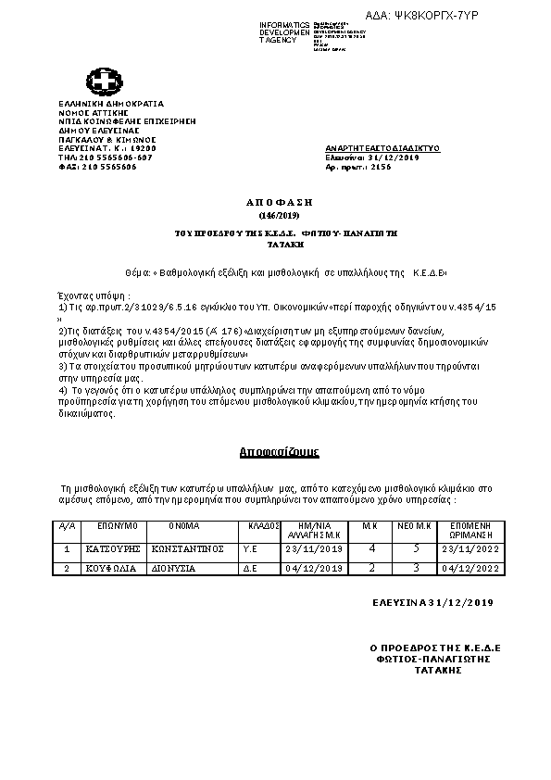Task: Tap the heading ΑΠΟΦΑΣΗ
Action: tap(274, 201)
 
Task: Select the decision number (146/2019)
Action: tap(274, 214)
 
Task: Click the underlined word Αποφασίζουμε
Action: tap(279, 452)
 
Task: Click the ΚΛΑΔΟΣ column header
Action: tap(259, 524)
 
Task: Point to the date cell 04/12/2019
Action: tap(315, 568)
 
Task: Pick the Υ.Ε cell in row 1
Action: tap(249, 548)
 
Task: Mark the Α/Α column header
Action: tap(66, 524)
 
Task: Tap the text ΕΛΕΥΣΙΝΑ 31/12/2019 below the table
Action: tap(432, 603)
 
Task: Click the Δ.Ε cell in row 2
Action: tap(249, 568)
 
